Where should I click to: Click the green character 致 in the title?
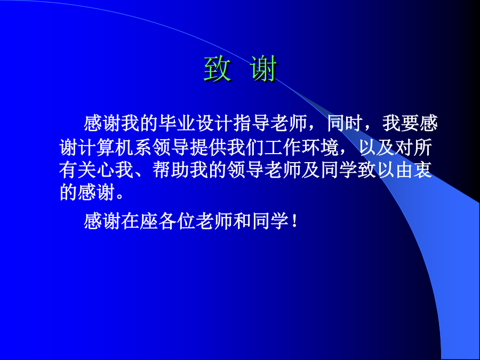pos(218,69)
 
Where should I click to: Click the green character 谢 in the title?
pos(263,69)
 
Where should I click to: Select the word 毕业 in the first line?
pos(177,123)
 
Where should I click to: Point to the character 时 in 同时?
pos(355,123)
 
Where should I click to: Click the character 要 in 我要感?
pos(410,123)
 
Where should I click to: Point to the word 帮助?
pos(171,170)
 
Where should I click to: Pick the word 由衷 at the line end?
pos(414,170)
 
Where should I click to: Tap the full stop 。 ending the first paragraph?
pos(121,196)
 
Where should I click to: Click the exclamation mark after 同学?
pos(295,221)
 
